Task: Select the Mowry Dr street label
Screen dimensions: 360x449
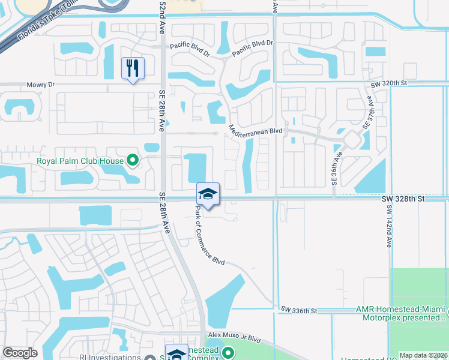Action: pyautogui.click(x=40, y=85)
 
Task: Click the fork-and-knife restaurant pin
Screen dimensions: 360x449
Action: pyautogui.click(x=133, y=68)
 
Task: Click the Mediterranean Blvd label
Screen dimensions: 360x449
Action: pyautogui.click(x=255, y=130)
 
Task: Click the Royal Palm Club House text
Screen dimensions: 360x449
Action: pyautogui.click(x=79, y=161)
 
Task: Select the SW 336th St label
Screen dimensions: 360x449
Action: pyautogui.click(x=298, y=310)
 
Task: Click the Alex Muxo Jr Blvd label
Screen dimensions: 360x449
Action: pyautogui.click(x=235, y=338)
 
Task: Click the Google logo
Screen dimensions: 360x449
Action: pyautogui.click(x=20, y=353)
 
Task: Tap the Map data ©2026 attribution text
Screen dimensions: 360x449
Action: pyautogui.click(x=423, y=355)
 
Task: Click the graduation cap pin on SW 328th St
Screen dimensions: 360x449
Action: pyautogui.click(x=208, y=194)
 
